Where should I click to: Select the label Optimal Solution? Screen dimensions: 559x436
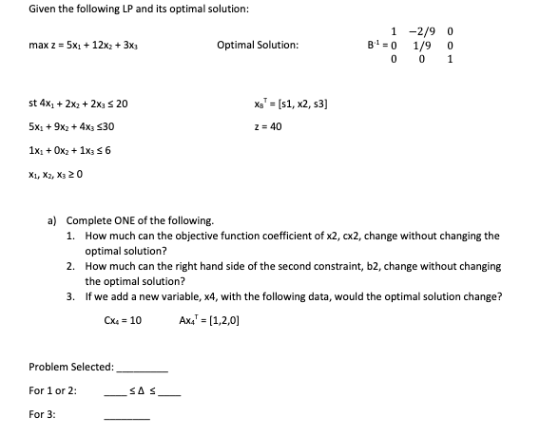[258, 45]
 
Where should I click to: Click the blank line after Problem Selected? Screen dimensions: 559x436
[142, 367]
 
